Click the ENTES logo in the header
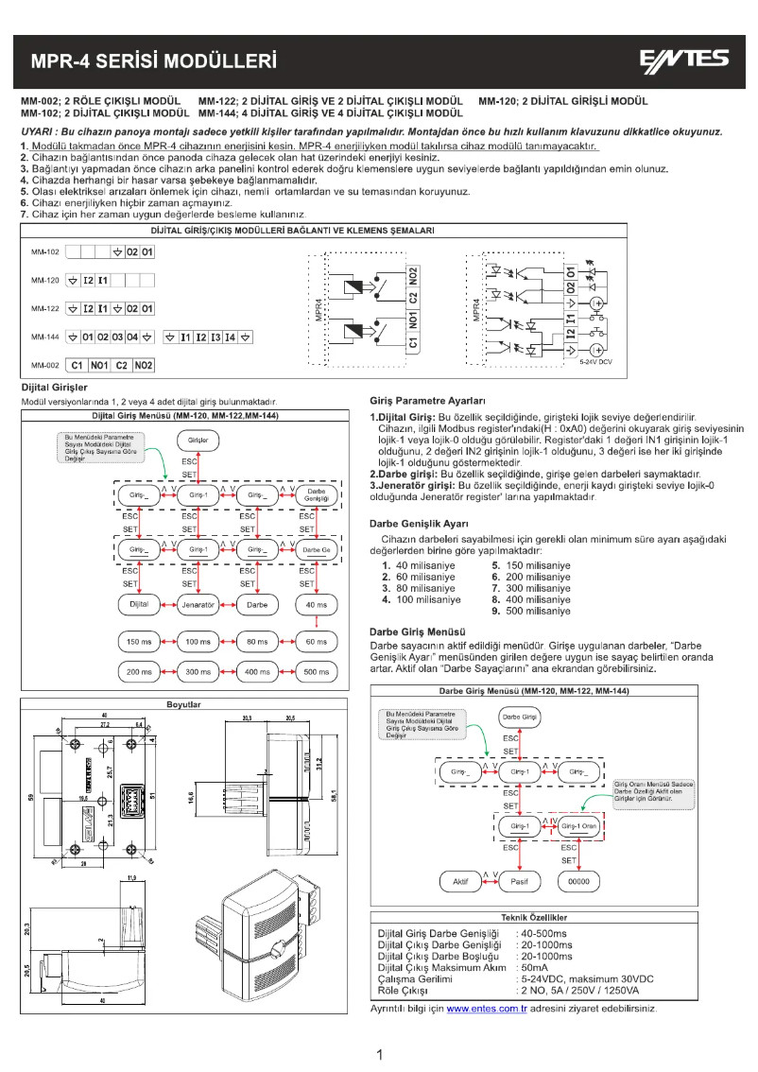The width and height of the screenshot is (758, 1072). pyautogui.click(x=686, y=61)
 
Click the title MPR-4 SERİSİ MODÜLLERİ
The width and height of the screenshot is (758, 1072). pyautogui.click(x=153, y=62)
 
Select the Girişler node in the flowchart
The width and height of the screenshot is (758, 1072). pyautogui.click(x=198, y=440)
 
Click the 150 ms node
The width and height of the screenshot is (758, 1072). pyautogui.click(x=139, y=642)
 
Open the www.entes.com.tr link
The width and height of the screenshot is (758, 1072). pyautogui.click(x=486, y=1010)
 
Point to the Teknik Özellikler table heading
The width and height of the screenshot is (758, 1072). pyautogui.click(x=533, y=917)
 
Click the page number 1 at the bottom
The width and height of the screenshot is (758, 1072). pyautogui.click(x=379, y=1054)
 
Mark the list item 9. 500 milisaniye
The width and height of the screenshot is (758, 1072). pyautogui.click(x=531, y=611)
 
